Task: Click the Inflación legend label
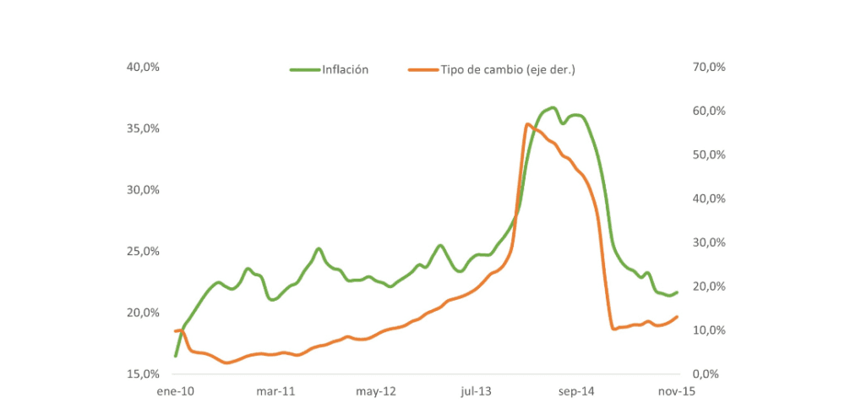(x=345, y=70)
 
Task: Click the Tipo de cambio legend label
(x=507, y=70)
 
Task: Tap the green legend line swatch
(x=304, y=70)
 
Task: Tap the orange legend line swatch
(x=422, y=70)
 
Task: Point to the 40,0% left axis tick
(x=144, y=67)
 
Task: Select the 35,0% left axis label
(x=144, y=128)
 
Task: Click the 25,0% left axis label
(x=144, y=251)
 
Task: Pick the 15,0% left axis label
(x=144, y=373)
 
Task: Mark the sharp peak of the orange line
(x=527, y=125)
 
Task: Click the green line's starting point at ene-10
(x=176, y=356)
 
